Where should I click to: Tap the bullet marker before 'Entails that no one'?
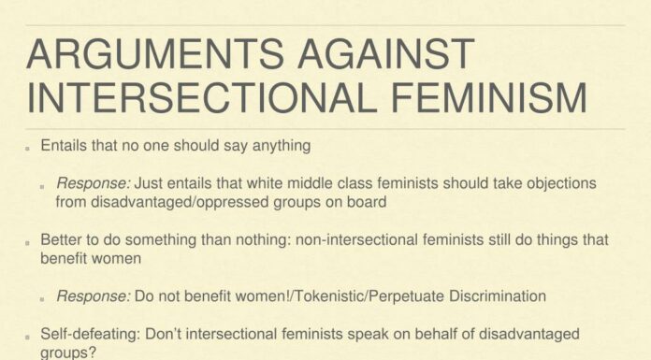click(29, 148)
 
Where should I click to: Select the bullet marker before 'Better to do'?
click(29, 240)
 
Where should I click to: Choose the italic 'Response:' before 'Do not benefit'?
click(93, 296)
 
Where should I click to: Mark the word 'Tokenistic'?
click(305, 296)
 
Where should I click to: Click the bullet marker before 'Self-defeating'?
click(29, 335)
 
